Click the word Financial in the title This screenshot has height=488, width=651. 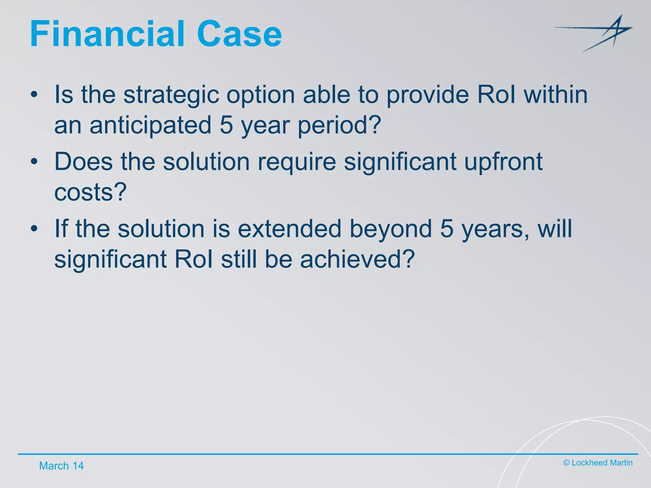point(107,34)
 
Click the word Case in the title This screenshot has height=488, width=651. point(239,34)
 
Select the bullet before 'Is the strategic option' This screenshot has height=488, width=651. point(34,95)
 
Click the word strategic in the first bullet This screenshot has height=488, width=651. point(171,95)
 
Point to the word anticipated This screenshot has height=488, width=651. point(151,125)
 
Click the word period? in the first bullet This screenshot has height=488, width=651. point(339,125)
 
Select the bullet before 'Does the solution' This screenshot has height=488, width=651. point(34,162)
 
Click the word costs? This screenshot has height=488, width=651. point(90,192)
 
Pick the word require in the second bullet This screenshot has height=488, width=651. point(296,162)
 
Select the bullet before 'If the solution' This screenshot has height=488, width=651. point(34,229)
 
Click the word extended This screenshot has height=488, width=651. point(289,229)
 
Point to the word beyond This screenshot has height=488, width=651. point(391,229)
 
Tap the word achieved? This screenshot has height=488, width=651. point(357,259)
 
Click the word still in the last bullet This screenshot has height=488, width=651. point(239,259)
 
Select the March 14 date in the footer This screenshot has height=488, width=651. point(61,466)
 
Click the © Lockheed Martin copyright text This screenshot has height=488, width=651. point(598,463)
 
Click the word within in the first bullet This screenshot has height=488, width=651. point(556,95)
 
